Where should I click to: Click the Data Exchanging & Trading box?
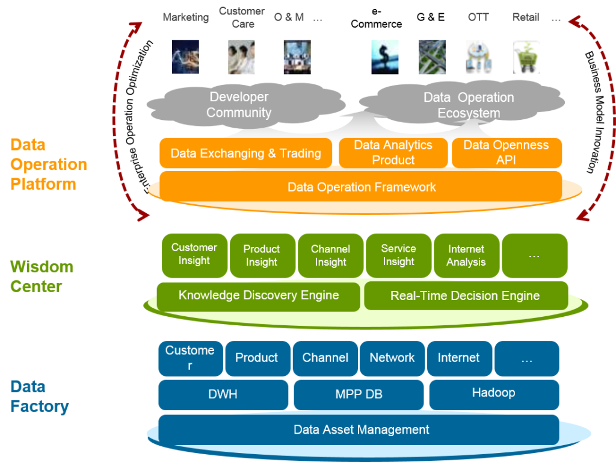(x=245, y=153)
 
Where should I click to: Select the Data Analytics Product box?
(x=393, y=153)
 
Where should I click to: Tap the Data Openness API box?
(x=507, y=153)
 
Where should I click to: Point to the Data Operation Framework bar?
(x=361, y=187)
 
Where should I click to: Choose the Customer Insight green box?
(x=194, y=255)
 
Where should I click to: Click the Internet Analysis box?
(x=466, y=255)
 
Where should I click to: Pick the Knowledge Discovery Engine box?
(x=258, y=296)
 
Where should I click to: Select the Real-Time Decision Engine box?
(x=466, y=296)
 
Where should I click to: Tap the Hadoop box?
(x=493, y=394)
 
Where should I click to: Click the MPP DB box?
(x=359, y=395)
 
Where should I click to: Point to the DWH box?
(x=223, y=395)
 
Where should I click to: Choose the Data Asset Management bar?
(x=361, y=429)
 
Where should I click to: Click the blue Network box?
(x=392, y=358)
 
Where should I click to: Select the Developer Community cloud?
(x=239, y=105)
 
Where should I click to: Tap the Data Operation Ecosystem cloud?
(x=469, y=105)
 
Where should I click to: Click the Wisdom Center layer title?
(x=42, y=276)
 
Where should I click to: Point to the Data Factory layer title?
(x=39, y=396)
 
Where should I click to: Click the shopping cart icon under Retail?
(x=526, y=57)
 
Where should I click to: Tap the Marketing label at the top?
(x=185, y=17)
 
